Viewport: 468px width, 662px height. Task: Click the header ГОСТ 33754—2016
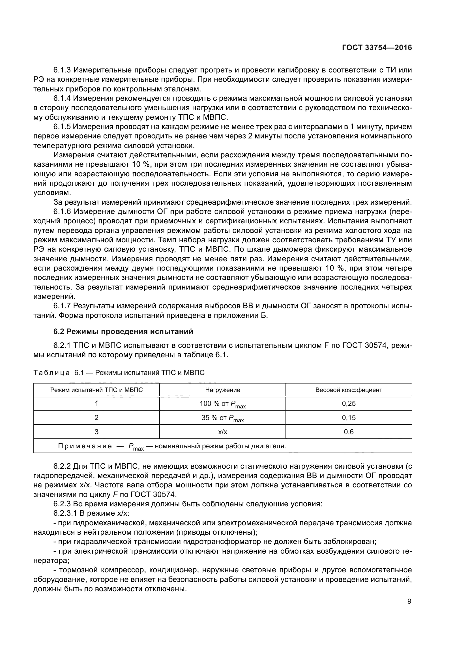point(377,48)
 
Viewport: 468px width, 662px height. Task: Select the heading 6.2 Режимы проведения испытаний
point(123,332)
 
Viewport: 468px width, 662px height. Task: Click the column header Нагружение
point(222,390)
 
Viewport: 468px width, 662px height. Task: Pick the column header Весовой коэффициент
point(348,390)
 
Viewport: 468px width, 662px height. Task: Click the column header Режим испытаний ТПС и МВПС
point(96,390)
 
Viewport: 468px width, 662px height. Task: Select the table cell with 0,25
point(348,404)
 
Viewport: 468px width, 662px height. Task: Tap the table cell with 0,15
point(348,417)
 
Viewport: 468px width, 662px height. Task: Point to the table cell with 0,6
point(348,432)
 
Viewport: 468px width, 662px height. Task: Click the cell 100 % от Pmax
point(222,404)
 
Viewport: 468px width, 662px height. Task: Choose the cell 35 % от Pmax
point(222,418)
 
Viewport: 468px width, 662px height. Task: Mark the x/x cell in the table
point(222,432)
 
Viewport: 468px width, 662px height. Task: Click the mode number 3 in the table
point(96,432)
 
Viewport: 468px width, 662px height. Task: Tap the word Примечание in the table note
point(85,446)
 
